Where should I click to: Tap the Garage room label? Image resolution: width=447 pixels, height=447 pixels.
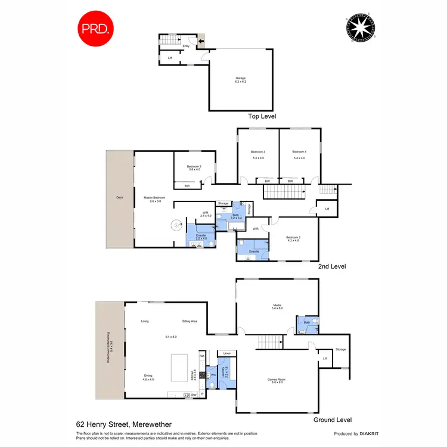(240, 78)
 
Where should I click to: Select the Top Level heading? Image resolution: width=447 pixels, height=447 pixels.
(262, 117)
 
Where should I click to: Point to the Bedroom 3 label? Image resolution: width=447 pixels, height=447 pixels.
(259, 152)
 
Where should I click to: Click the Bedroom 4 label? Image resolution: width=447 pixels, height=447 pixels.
(299, 152)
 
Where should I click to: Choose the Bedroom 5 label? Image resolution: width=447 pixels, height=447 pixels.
(195, 166)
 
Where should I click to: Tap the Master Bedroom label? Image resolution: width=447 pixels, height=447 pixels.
(154, 198)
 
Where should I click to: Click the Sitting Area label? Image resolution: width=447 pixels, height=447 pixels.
(190, 321)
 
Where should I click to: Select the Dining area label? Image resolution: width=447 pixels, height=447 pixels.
(148, 375)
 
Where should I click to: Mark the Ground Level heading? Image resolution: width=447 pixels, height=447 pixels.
(333, 420)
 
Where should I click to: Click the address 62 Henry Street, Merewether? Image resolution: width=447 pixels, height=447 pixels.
(123, 424)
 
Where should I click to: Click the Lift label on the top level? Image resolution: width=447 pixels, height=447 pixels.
(170, 58)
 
